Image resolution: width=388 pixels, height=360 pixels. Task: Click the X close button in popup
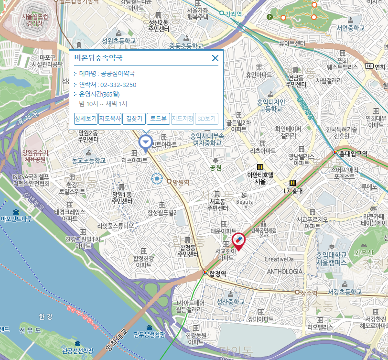[x=215, y=58]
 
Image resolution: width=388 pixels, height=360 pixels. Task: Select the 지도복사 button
[x=110, y=119]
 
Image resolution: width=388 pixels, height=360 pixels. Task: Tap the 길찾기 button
[x=134, y=119]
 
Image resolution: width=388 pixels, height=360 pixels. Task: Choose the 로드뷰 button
[x=158, y=119]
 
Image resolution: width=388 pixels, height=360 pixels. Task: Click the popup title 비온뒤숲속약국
[x=98, y=58]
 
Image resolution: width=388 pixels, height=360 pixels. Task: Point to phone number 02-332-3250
[x=118, y=85]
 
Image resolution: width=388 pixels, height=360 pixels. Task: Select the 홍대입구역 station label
[x=353, y=153]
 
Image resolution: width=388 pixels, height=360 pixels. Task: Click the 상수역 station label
[x=309, y=292]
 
